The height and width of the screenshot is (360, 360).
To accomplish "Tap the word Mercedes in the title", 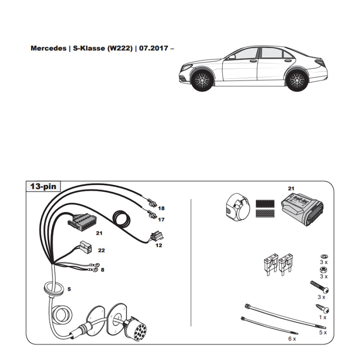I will (x=48, y=48).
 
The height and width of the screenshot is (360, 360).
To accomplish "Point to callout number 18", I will (x=161, y=208).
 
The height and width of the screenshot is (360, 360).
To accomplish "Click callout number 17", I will (x=161, y=220).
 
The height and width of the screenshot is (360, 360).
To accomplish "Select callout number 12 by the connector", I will (x=158, y=245).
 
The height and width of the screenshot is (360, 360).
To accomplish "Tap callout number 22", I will (x=101, y=250).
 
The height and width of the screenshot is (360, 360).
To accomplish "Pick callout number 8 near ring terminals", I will (x=102, y=270).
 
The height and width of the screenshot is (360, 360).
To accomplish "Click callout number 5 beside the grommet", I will (x=69, y=289).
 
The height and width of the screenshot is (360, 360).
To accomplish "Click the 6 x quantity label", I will (x=292, y=338).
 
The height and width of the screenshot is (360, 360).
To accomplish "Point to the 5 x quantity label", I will (x=323, y=332).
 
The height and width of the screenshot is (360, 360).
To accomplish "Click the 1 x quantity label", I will (x=322, y=317).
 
